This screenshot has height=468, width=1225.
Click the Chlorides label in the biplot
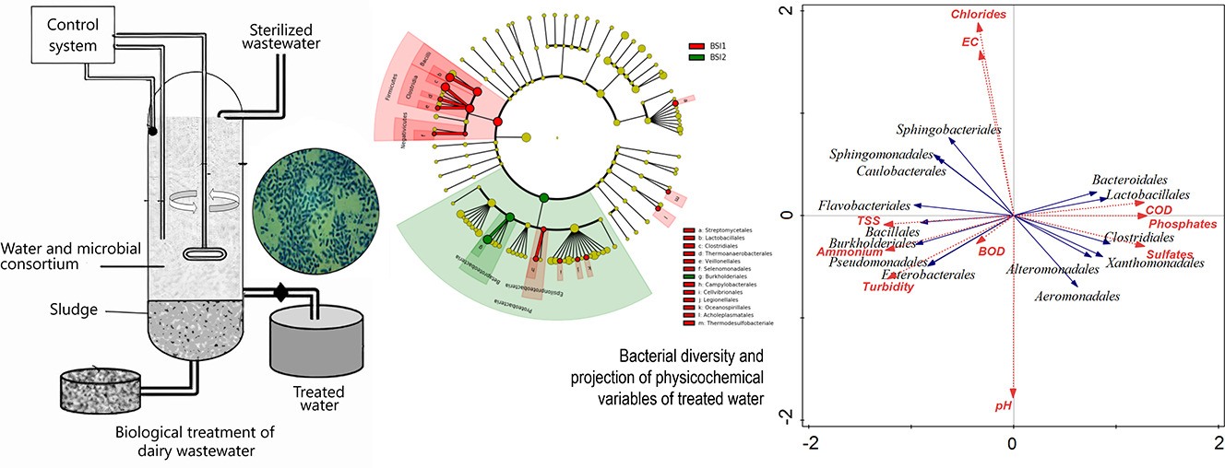(979, 15)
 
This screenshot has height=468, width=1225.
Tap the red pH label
(1004, 406)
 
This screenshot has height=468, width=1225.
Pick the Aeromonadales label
(1076, 297)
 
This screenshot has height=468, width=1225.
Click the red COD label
(1159, 211)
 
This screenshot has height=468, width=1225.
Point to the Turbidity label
(888, 287)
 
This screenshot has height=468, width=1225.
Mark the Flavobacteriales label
(863, 205)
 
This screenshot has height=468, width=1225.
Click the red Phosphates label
(1183, 224)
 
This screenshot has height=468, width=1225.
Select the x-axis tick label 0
(1013, 444)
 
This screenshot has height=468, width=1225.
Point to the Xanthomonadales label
(1155, 263)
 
